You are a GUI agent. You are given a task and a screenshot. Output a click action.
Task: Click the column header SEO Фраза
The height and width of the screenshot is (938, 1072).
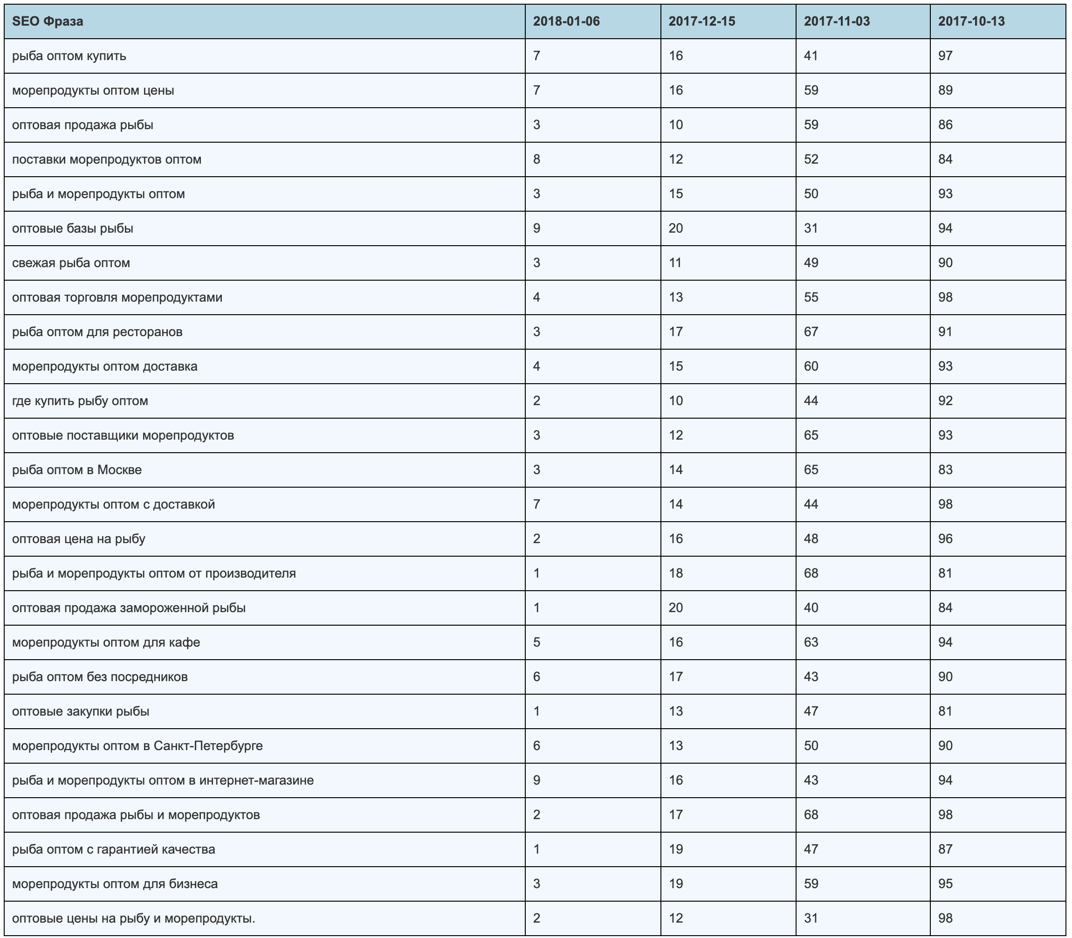point(48,21)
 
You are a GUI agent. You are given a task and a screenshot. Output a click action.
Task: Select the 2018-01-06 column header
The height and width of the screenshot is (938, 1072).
point(566,21)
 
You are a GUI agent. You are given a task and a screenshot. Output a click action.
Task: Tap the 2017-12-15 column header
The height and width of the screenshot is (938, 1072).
point(701,21)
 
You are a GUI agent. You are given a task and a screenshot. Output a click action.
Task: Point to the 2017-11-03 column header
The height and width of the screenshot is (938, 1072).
point(837,21)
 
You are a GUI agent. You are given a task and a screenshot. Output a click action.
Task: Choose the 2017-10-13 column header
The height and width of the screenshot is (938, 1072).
point(971,21)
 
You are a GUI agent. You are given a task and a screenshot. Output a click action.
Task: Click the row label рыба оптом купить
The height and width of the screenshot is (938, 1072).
point(69,56)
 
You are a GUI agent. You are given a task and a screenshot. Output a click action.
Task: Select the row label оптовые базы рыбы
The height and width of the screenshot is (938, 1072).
point(73,228)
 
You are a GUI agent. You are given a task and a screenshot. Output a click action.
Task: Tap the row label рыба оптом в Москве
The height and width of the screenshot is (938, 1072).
point(77,469)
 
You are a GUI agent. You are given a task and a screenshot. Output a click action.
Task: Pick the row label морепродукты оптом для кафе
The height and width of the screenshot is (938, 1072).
point(106,642)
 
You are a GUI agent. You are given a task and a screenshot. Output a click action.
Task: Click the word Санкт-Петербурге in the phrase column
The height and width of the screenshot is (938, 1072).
point(208,745)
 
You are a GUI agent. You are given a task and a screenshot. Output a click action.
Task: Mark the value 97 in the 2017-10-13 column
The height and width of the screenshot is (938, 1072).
point(945,56)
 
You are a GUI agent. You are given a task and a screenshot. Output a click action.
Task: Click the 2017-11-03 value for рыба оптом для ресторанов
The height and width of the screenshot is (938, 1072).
point(811,332)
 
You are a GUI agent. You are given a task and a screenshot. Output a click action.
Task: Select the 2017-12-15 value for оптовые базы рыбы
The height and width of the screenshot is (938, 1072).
point(675,228)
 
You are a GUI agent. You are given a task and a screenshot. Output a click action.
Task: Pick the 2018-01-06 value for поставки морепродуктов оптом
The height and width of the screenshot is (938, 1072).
point(537,159)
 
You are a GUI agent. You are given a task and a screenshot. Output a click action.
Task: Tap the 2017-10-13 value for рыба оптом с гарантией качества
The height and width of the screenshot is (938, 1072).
point(945,849)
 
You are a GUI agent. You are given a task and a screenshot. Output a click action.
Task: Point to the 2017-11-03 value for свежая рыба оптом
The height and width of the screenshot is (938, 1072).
point(811,263)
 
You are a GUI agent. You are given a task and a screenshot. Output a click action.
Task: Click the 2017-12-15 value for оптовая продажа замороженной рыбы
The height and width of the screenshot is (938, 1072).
point(675,608)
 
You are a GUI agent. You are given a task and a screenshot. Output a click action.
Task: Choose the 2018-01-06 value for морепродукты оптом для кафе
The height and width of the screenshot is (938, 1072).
point(537,642)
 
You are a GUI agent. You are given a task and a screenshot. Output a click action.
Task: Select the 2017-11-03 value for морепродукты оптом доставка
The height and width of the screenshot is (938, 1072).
point(811,366)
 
